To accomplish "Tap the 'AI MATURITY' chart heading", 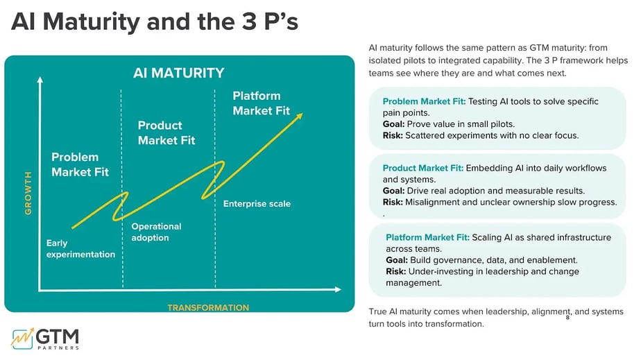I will pyautogui.click(x=179, y=73).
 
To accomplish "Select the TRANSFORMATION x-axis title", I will pyautogui.click(x=208, y=307).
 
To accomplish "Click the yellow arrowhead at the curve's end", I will pyautogui.click(x=300, y=114).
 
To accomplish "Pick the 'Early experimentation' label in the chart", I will pyautogui.click(x=80, y=249).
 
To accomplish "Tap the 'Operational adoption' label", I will pyautogui.click(x=157, y=232).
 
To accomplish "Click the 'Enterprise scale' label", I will pyautogui.click(x=257, y=204).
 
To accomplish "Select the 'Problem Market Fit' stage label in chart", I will pyautogui.click(x=80, y=164).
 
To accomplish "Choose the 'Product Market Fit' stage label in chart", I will pyautogui.click(x=166, y=132).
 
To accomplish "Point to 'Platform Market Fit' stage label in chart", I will pyautogui.click(x=262, y=103).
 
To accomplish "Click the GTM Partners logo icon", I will pyautogui.click(x=24, y=337).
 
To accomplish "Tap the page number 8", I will pyautogui.click(x=567, y=317).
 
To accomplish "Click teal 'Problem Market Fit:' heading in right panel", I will pyautogui.click(x=424, y=101).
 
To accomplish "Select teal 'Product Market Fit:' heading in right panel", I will pyautogui.click(x=423, y=168).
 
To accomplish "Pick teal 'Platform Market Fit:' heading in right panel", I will pyautogui.click(x=427, y=237).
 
